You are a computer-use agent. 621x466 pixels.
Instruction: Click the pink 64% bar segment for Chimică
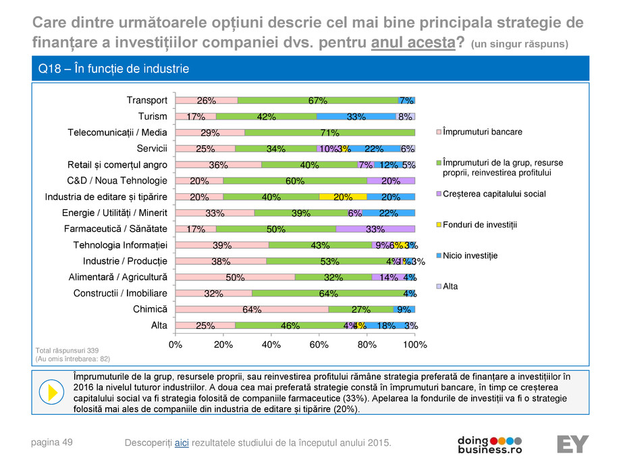point(251,309)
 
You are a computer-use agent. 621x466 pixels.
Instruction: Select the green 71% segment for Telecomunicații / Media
point(329,132)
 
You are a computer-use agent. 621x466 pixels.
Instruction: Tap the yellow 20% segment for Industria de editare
point(342,197)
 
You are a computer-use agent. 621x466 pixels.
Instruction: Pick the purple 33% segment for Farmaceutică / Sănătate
point(375,229)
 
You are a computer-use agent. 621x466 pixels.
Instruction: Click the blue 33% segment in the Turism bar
point(356,116)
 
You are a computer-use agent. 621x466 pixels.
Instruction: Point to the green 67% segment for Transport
point(317,100)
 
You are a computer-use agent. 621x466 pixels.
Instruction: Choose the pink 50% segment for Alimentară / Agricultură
point(235,277)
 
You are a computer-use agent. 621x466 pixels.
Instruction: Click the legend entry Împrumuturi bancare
point(482,132)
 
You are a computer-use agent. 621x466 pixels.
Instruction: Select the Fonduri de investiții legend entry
point(479,224)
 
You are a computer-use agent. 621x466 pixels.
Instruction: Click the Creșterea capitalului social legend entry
point(493,194)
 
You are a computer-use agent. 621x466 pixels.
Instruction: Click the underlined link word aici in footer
point(182,442)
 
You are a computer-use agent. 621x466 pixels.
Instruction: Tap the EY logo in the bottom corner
point(572,444)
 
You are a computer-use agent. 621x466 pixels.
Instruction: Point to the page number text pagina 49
point(52,442)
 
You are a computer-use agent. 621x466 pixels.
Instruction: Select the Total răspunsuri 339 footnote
point(67,350)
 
